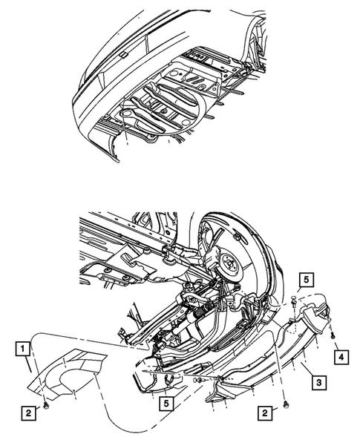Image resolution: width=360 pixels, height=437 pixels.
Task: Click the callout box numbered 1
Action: (24, 347)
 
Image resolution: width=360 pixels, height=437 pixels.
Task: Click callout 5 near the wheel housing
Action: (306, 280)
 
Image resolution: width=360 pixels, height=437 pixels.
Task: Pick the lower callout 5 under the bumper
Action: (169, 404)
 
